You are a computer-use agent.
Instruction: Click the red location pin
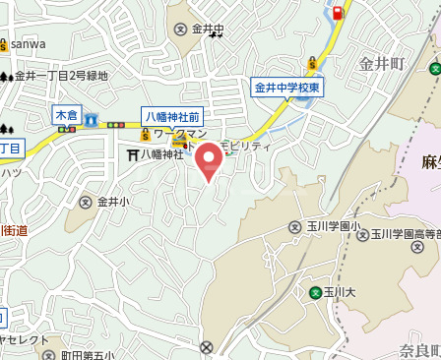208,161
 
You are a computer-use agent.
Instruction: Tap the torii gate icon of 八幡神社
132,153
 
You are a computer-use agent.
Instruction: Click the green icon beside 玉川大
315,292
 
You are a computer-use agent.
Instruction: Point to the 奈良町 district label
421,351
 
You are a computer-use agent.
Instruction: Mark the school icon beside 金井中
181,30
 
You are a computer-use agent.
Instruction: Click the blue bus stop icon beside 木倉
91,119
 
